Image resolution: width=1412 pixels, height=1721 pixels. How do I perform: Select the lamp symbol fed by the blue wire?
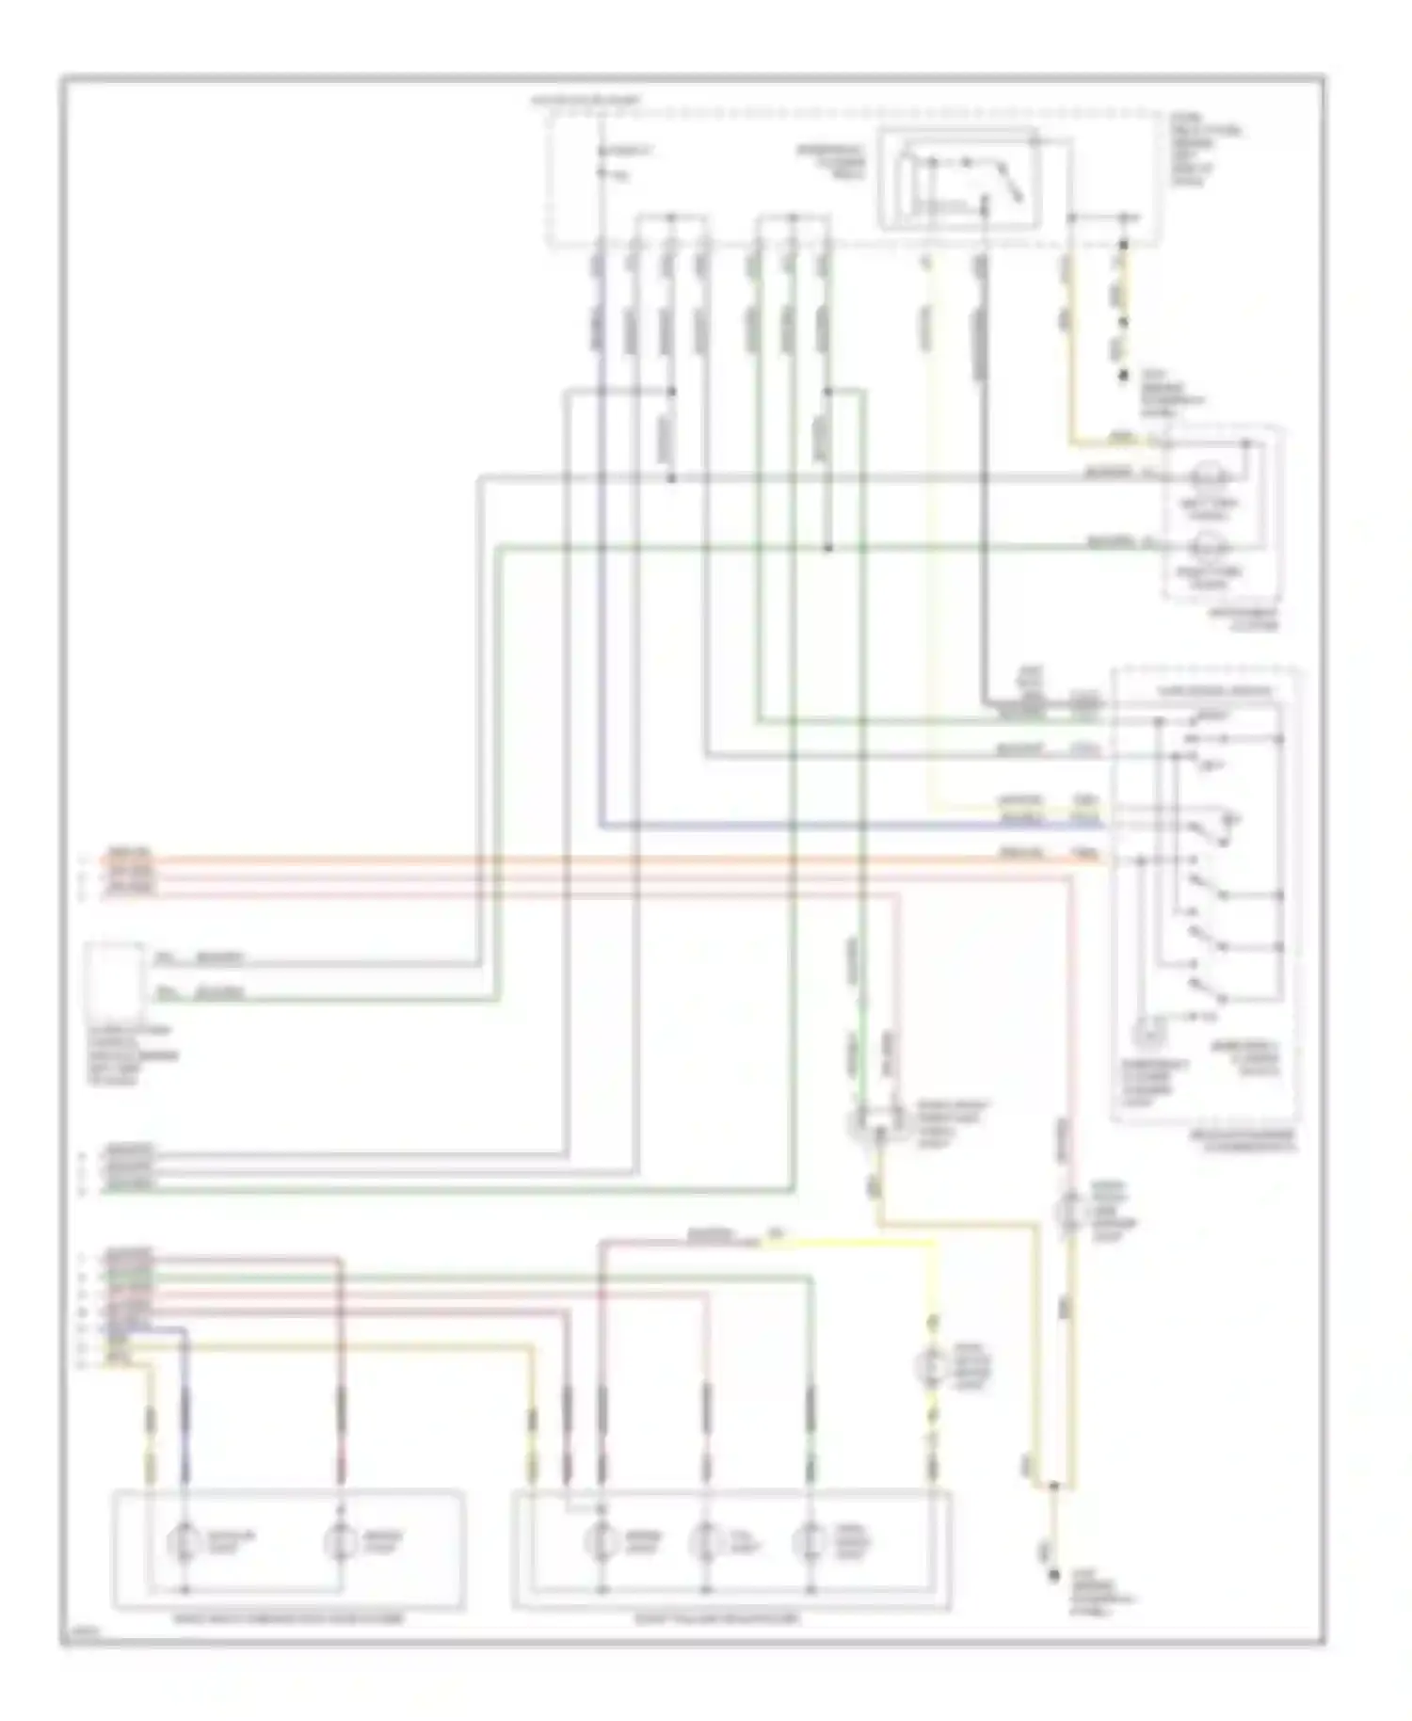point(184,1541)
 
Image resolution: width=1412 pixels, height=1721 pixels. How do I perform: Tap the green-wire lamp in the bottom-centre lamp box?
point(810,1541)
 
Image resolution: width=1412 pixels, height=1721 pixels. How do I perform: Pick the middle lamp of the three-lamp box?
point(705,1541)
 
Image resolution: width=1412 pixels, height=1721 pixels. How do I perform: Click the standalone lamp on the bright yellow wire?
point(933,1366)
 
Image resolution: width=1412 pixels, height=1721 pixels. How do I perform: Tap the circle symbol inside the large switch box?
point(1149,1033)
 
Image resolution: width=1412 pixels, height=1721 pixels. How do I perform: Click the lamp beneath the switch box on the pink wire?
point(1070,1212)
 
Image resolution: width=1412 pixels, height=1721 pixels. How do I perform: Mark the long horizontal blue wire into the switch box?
point(847,827)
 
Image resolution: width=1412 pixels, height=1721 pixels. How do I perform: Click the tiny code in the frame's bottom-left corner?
point(85,1635)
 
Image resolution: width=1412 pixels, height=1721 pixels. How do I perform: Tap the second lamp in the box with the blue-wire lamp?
point(340,1541)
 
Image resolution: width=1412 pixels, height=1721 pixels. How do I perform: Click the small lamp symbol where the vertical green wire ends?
point(861,1122)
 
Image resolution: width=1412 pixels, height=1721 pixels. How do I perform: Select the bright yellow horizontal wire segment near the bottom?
point(847,1243)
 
